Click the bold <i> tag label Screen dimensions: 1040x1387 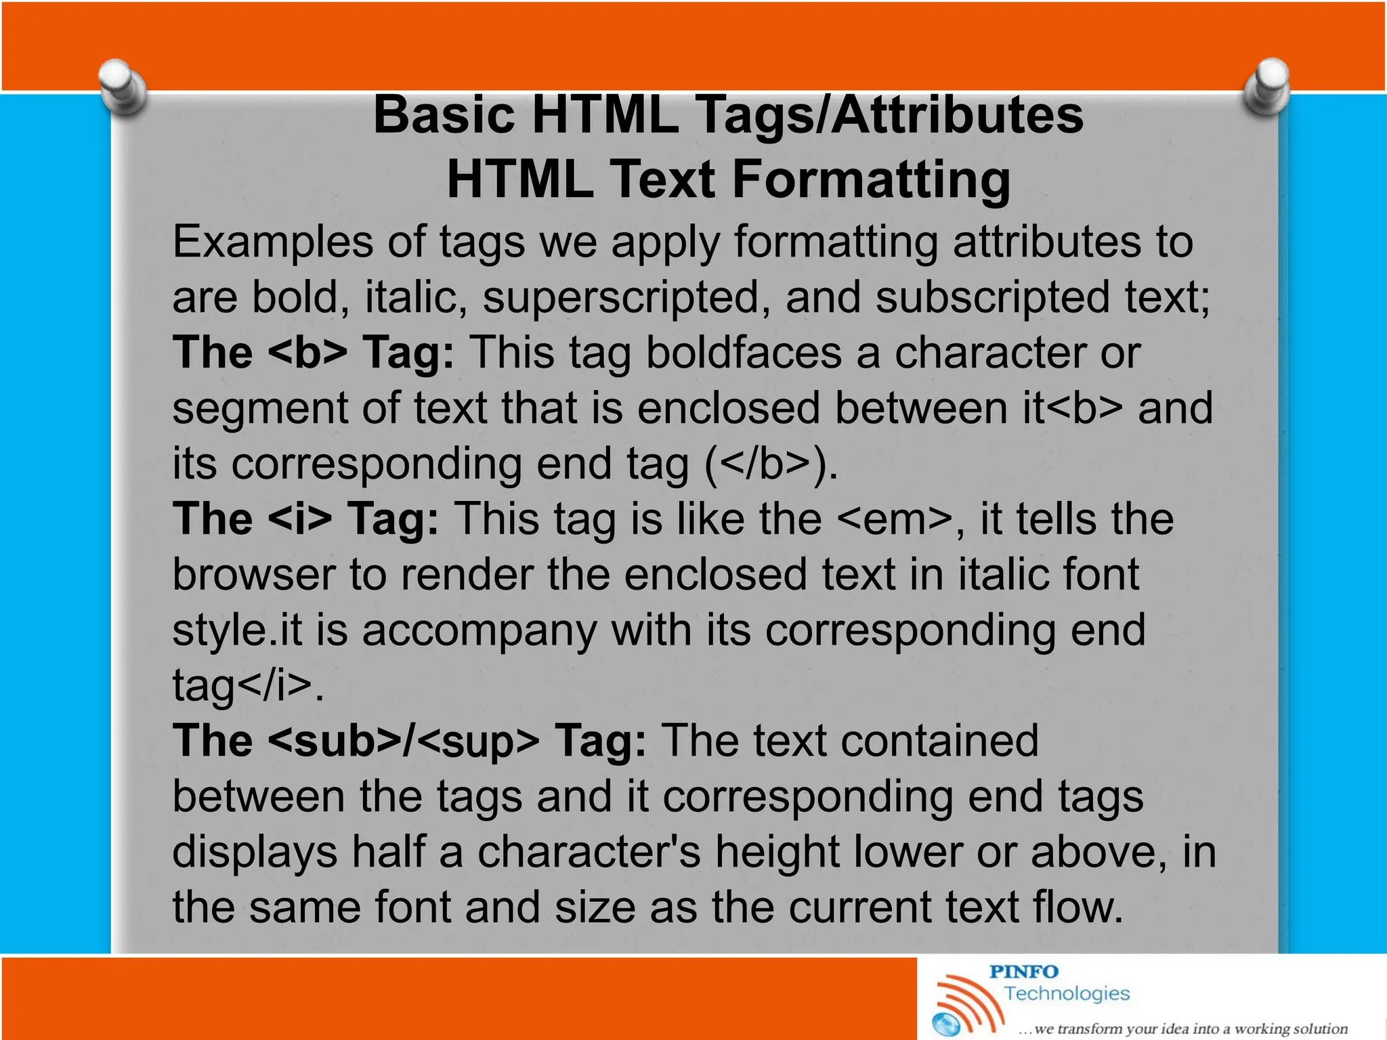tap(300, 519)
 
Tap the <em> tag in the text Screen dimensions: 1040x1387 tap(894, 519)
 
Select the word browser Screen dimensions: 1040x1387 tap(254, 574)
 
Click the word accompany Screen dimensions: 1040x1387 tap(479, 630)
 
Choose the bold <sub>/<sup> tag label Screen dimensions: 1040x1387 tap(404, 740)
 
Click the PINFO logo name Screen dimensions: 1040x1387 tap(1023, 972)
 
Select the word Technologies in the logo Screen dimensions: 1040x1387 tap(1067, 993)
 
